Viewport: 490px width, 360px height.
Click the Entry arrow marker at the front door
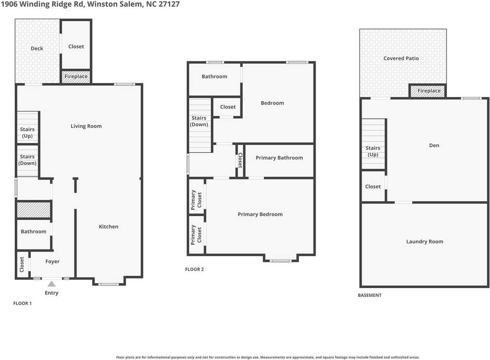[51, 284]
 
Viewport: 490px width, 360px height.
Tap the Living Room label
[86, 126]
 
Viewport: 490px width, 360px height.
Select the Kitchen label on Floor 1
[108, 226]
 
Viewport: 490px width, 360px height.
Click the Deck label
[37, 49]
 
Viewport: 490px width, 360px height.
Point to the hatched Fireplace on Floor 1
[76, 77]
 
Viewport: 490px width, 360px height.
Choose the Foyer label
[52, 262]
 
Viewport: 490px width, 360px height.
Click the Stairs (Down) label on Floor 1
[28, 160]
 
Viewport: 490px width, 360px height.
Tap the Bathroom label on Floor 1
[33, 231]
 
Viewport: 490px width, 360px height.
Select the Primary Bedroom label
[260, 214]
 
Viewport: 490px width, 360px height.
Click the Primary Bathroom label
[279, 158]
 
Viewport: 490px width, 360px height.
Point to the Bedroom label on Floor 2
[272, 103]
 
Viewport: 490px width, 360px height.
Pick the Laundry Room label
[425, 241]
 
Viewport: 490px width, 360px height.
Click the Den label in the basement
[434, 145]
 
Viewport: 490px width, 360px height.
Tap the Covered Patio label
[401, 59]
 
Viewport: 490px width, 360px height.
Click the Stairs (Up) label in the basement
[373, 151]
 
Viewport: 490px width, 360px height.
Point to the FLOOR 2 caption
[194, 269]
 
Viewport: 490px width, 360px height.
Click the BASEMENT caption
[369, 295]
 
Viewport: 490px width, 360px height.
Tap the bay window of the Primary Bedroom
[280, 261]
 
